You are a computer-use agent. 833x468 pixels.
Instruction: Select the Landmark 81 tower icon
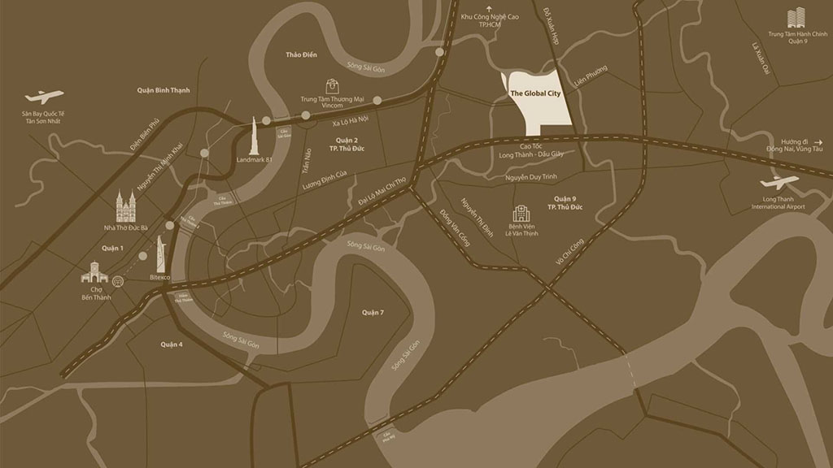(254, 136)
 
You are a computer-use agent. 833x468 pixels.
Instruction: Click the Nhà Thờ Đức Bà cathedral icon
(125, 209)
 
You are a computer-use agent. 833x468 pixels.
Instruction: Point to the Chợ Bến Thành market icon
(95, 274)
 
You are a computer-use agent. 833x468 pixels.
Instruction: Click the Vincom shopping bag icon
(332, 85)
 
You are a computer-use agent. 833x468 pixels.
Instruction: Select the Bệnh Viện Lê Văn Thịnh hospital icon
(520, 214)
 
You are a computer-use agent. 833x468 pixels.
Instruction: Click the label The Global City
(536, 93)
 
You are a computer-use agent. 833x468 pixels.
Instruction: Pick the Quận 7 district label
(373, 312)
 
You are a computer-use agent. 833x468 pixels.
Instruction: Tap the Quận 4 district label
(172, 344)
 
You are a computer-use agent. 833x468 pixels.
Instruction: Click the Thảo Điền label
(300, 54)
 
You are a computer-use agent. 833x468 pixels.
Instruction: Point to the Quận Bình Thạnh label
(164, 90)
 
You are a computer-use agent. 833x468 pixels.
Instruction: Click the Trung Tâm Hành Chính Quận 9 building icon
(795, 18)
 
